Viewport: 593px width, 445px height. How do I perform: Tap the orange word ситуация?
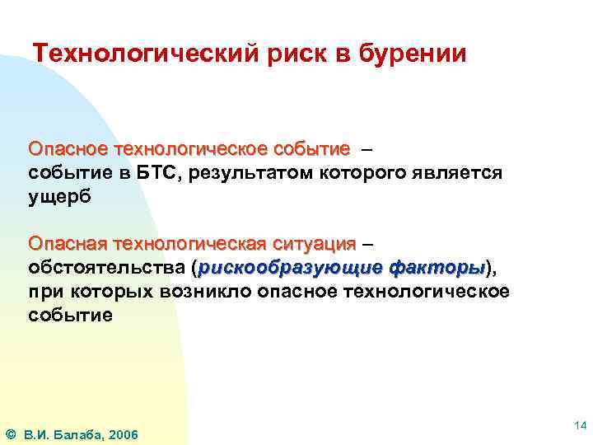pos(314,245)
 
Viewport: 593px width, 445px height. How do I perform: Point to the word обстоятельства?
pos(107,269)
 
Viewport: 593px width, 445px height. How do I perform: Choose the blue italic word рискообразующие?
pos(289,269)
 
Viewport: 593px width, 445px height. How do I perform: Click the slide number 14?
pos(580,425)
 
